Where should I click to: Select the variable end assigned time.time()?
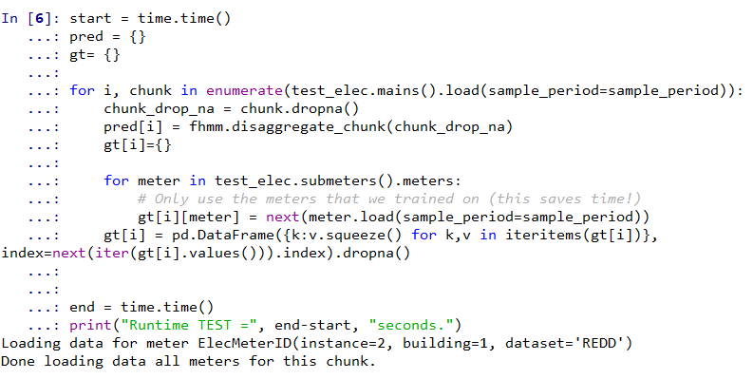click(x=83, y=307)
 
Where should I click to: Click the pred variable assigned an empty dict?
click(x=86, y=36)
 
